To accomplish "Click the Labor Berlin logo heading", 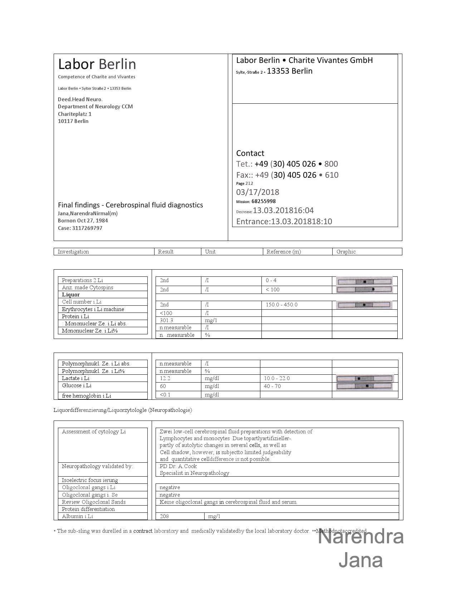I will [97, 64].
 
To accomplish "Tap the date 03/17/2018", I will [258, 192].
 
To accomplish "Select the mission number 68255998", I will [263, 201].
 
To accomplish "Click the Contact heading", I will [250, 153].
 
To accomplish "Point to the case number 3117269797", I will [87, 228].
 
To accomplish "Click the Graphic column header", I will [346, 252].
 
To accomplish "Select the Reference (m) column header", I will [284, 252].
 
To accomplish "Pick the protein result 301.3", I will [166, 320].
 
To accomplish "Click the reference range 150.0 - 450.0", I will [281, 305].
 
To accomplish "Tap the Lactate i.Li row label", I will [75, 378].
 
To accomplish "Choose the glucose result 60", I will [163, 386].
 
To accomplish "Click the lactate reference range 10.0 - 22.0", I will [277, 378].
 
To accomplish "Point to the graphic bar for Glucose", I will [364, 386].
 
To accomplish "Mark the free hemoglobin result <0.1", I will [165, 395].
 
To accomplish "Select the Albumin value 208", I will [164, 516].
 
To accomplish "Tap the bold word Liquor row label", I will [71, 295].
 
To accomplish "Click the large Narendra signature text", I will [361, 537].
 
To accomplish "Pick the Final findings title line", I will [130, 205].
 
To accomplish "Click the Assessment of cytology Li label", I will [94, 432].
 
